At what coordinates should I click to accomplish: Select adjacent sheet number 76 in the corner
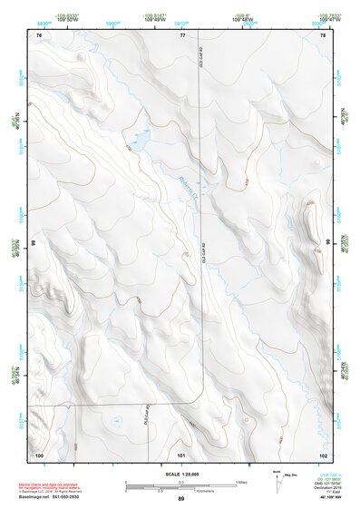point(39,34)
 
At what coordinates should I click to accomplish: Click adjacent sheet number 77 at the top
point(181,34)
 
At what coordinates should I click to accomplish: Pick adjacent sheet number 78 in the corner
point(323,34)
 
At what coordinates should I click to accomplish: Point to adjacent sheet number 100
point(39,454)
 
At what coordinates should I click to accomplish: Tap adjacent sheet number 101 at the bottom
point(181,454)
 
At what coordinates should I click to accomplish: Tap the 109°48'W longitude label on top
point(242,19)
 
